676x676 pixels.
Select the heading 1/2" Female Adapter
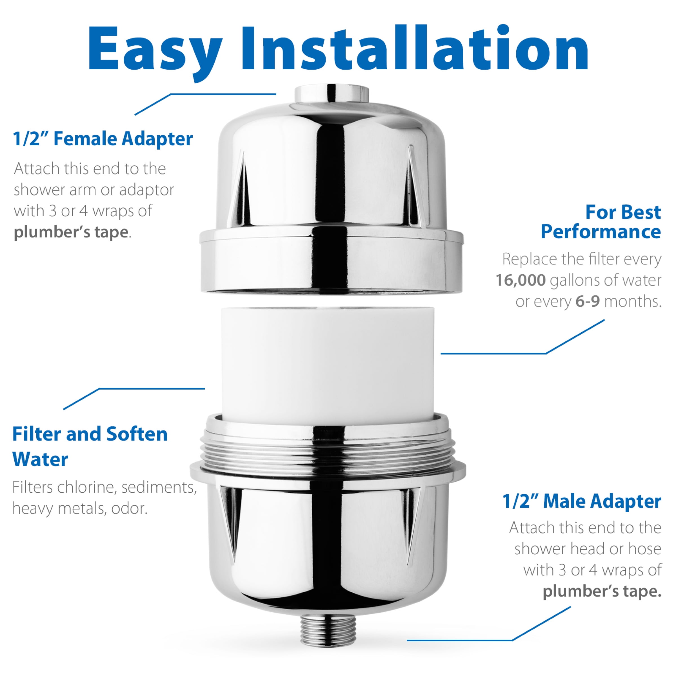point(103,139)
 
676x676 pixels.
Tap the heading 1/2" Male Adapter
point(582,501)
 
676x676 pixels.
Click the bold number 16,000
point(520,280)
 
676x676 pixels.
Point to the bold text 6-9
point(588,301)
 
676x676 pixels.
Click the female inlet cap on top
point(331,94)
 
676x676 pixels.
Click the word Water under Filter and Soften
point(40,459)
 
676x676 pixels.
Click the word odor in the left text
point(129,508)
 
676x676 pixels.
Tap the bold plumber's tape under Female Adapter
point(71,232)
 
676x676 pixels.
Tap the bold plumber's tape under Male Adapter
point(602,591)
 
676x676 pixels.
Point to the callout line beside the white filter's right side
point(493,353)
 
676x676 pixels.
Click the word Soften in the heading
point(137,434)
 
